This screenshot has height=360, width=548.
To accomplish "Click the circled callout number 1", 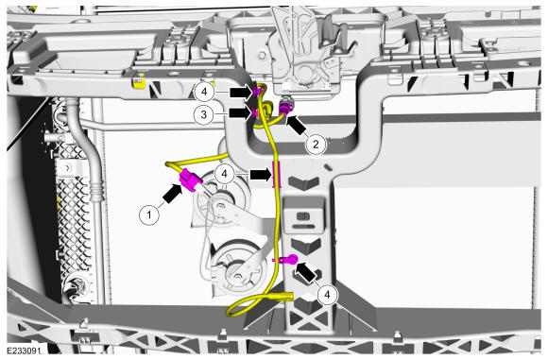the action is point(149,214).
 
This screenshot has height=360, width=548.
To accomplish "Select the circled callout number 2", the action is point(316,144).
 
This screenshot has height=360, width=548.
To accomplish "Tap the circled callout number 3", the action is point(204,114).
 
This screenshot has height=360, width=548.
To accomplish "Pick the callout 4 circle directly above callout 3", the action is point(204,92).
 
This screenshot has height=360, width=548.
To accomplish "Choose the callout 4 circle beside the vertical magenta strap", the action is point(224,173).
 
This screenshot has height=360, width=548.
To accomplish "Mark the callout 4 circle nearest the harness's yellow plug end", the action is point(327,295).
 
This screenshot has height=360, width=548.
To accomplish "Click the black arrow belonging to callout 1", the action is point(173,194).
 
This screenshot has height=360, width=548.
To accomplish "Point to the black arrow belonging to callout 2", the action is point(297,126).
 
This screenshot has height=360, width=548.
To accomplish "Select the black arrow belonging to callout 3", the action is point(240,112).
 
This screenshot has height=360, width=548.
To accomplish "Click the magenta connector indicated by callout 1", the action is point(191,180).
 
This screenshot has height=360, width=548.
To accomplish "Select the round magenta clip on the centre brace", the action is point(289,260).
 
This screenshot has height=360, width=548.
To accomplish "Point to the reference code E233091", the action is point(24,351).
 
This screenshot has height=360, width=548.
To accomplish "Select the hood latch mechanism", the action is point(307,52).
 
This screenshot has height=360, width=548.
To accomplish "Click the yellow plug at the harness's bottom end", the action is point(283,298).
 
